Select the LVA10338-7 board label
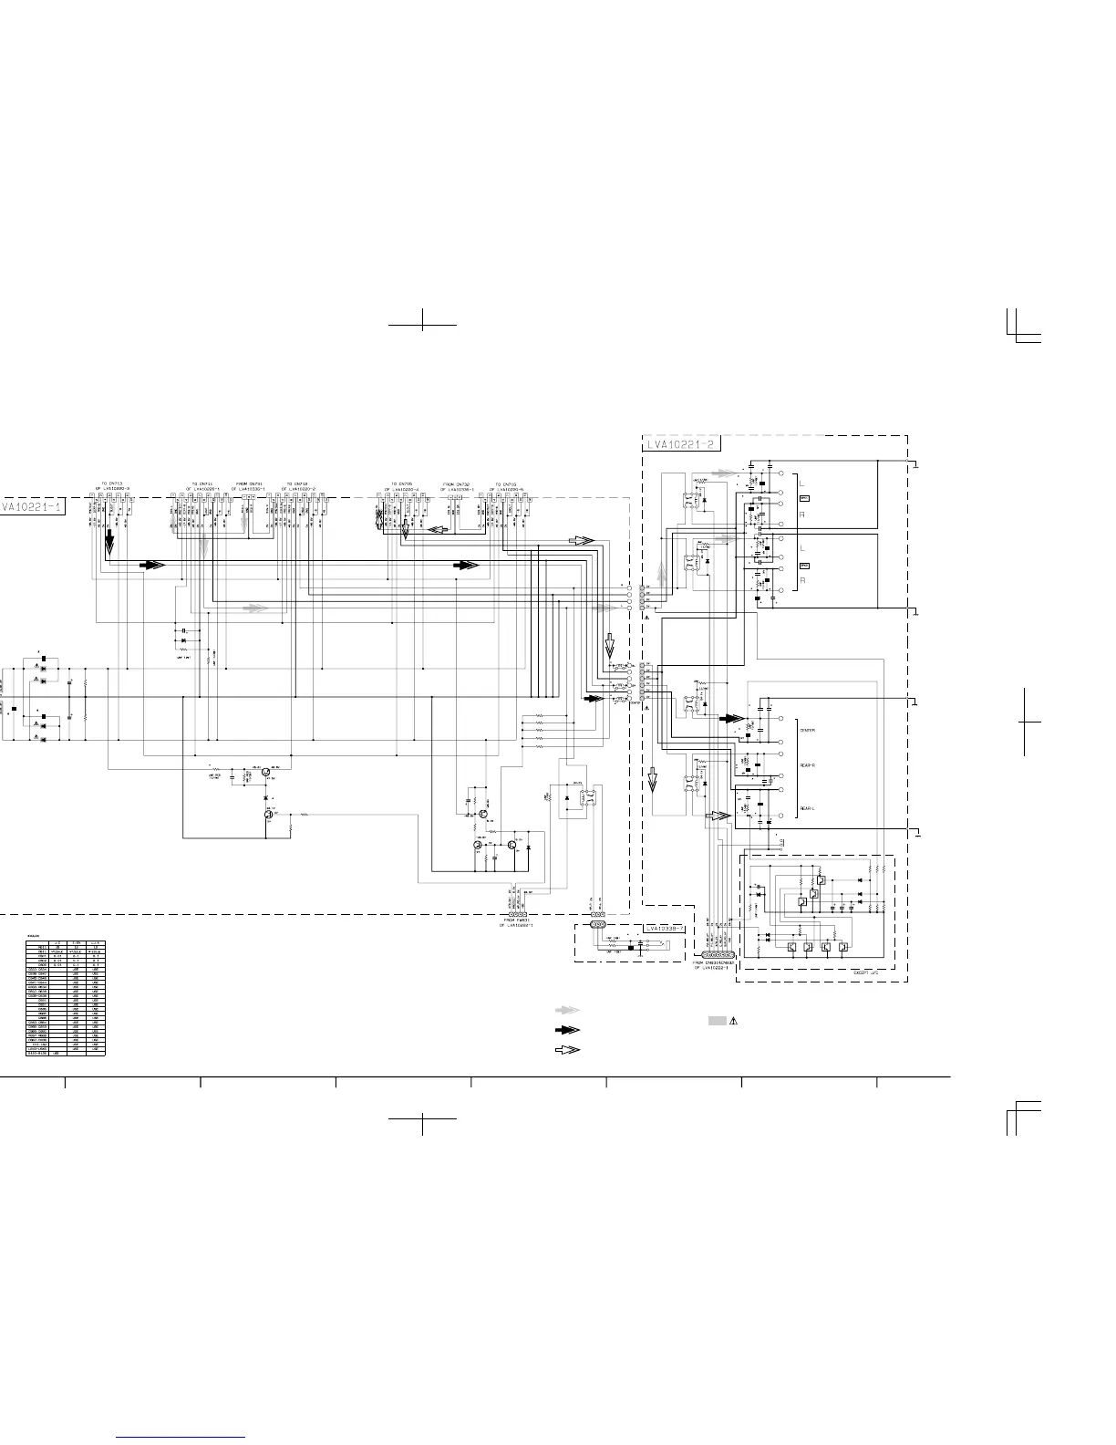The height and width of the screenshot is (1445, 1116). [x=663, y=929]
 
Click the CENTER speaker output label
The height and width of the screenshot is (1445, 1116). [x=808, y=731]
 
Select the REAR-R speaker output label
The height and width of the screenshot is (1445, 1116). [x=808, y=765]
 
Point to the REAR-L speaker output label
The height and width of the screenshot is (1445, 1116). [x=807, y=808]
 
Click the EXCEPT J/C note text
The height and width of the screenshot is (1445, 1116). [x=869, y=973]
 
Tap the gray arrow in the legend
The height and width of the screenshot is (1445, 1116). [x=568, y=1011]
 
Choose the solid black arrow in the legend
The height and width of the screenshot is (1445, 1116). [x=568, y=1030]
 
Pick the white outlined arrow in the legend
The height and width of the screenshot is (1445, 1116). [x=568, y=1049]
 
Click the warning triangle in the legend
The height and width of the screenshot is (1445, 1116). [x=733, y=1020]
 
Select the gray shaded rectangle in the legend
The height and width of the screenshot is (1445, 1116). [x=718, y=1020]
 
